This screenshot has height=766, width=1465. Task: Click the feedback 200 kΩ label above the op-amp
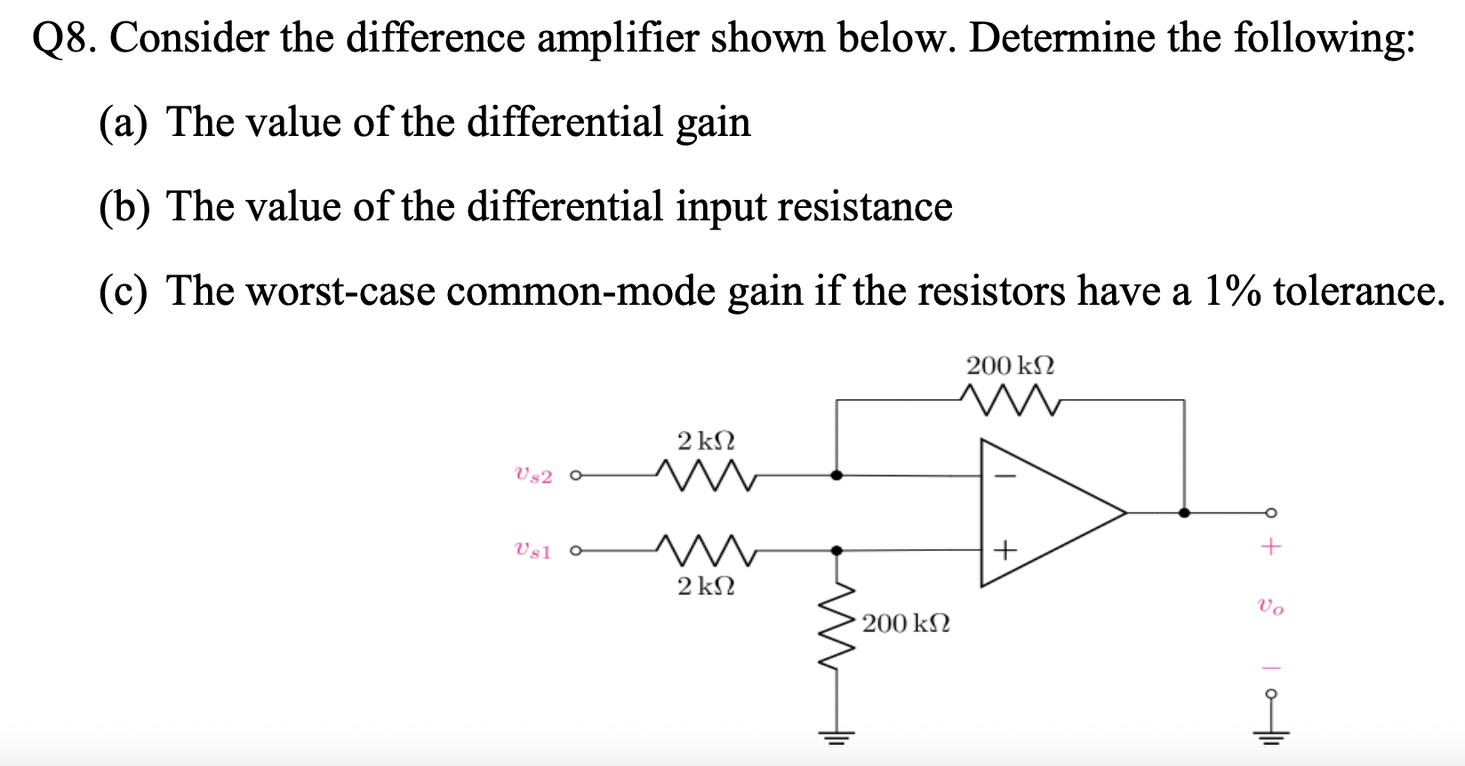pos(1010,365)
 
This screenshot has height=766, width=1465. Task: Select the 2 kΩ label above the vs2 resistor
pos(706,440)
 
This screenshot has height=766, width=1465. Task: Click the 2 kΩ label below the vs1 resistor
pos(706,586)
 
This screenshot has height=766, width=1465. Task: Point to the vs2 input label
pos(533,475)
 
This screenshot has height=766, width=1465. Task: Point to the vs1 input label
pos(533,550)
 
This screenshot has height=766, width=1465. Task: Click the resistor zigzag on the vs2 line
pos(705,475)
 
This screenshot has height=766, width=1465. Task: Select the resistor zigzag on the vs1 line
pos(705,550)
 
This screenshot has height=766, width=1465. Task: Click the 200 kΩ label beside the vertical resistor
pos(906,623)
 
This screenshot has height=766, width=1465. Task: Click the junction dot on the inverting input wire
pos(836,475)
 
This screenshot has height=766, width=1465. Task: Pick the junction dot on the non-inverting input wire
pos(836,551)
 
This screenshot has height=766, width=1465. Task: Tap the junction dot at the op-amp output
pos(1183,513)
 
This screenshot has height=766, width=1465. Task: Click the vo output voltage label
pos(1270,608)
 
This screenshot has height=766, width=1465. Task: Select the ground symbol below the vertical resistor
pos(836,736)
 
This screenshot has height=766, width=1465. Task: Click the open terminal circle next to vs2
pos(575,475)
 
